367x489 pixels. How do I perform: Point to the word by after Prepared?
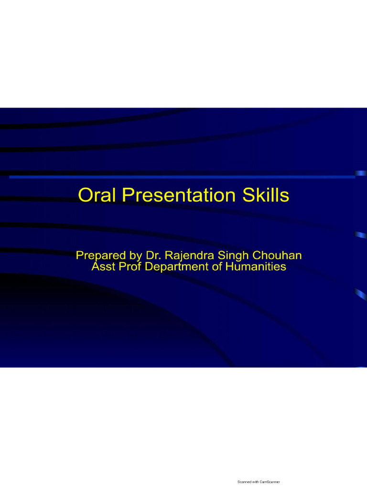pyautogui.click(x=130, y=256)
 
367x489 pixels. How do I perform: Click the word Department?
pyautogui.click(x=176, y=267)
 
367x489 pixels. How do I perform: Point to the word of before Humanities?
pyautogui.click(x=217, y=267)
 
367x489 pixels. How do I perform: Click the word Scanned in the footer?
pyautogui.click(x=244, y=482)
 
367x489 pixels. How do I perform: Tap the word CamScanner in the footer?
pyautogui.click(x=270, y=482)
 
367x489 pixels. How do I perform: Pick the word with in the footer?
pyautogui.click(x=256, y=482)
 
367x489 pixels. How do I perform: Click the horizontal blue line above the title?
pyautogui.click(x=182, y=177)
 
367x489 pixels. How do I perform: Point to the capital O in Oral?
pyautogui.click(x=85, y=195)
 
